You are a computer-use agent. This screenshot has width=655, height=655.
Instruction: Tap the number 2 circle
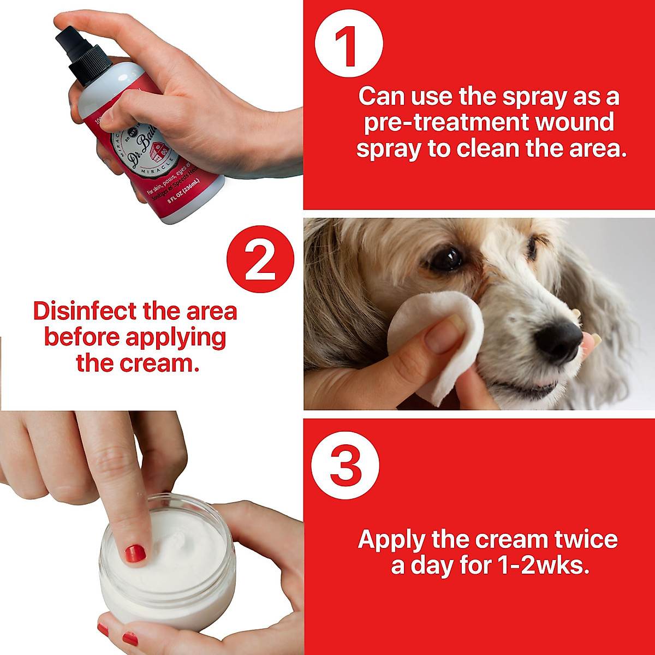pos(260,260)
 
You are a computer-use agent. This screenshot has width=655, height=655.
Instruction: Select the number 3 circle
pos(345,466)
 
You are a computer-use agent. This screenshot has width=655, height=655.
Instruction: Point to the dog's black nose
pos(559,338)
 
